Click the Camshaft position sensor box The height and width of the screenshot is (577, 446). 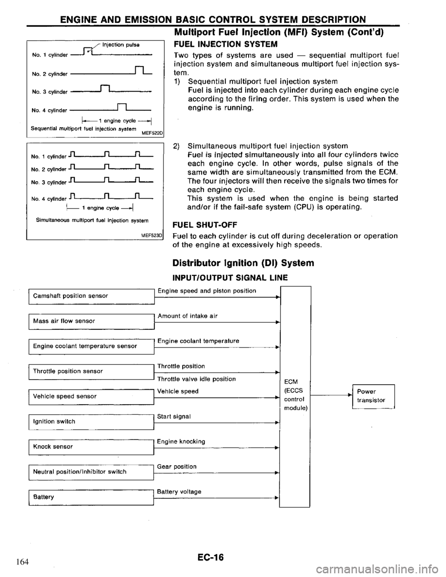tap(91, 295)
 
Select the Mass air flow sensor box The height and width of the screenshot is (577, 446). tap(91, 321)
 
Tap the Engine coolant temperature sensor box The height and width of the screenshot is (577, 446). tap(91, 346)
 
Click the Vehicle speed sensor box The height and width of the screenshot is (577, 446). tap(91, 396)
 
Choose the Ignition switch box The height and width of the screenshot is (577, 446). tap(91, 421)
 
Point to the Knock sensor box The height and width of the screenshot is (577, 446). tap(91, 446)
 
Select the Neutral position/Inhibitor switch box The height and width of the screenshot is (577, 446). tap(91, 472)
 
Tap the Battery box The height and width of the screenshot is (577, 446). tap(91, 497)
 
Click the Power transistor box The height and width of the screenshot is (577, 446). tap(373, 395)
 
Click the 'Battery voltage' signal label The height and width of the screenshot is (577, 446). tap(179, 491)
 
